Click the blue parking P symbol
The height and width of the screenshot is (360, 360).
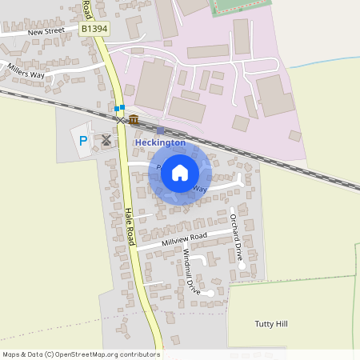[82, 142]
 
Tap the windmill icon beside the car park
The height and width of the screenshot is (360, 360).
[106, 139]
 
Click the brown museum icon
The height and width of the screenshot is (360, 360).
[134, 120]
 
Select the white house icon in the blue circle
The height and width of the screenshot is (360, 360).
[180, 172]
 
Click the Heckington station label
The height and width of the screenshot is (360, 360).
[160, 142]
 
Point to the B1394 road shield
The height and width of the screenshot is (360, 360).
[93, 29]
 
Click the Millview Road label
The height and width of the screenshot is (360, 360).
[184, 238]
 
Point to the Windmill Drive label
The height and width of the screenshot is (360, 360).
[191, 272]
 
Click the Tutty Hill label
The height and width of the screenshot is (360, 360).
[270, 324]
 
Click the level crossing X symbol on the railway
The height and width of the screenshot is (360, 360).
[121, 119]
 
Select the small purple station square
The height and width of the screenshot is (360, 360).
[160, 130]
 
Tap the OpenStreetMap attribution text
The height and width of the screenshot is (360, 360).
[80, 354]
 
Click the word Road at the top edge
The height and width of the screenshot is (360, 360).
[85, 10]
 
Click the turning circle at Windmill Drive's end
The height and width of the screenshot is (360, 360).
[209, 293]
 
